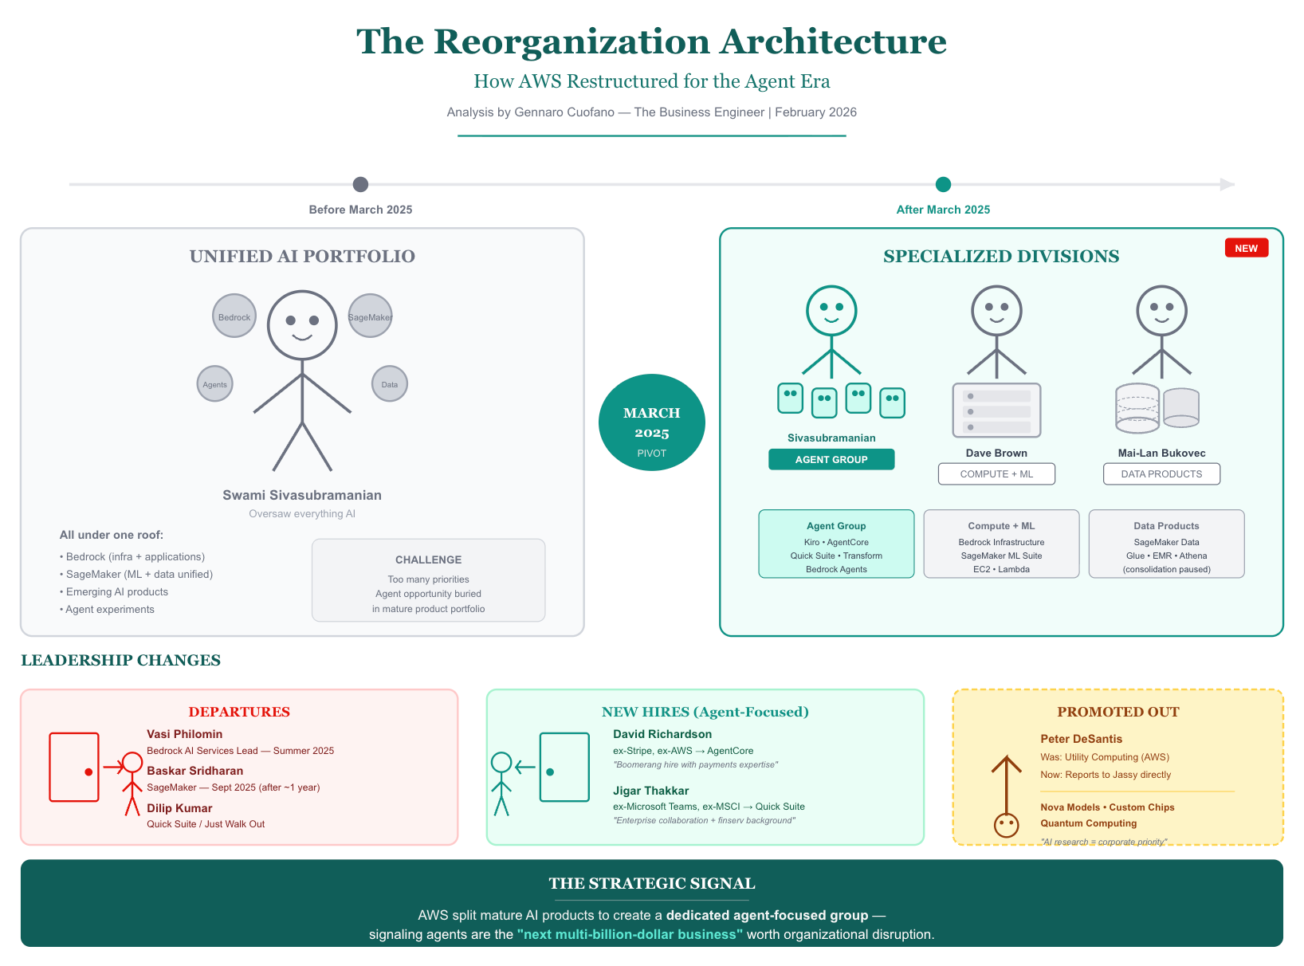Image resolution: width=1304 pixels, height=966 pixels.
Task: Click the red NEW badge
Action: coord(1246,249)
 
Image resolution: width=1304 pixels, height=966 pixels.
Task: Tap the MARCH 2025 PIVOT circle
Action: coord(651,422)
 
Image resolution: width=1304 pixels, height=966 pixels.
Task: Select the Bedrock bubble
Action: coord(234,316)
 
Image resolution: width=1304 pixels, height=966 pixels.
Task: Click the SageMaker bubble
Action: coord(370,316)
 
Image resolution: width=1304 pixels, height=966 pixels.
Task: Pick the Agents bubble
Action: coord(214,384)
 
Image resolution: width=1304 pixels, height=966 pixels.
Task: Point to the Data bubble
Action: coord(389,384)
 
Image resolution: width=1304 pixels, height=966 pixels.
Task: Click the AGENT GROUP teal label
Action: coord(831,460)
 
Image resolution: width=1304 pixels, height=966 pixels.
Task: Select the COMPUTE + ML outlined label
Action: coord(996,474)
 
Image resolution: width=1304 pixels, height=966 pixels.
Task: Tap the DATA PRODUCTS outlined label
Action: coord(1161,474)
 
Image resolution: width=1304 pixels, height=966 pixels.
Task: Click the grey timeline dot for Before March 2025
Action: coord(360,185)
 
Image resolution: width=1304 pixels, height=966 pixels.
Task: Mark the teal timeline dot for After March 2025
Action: coord(943,185)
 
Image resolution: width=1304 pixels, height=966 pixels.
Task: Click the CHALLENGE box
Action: coord(428,580)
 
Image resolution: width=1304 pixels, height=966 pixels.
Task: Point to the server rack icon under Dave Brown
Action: coord(996,410)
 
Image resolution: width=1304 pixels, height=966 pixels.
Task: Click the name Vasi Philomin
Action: coord(184,734)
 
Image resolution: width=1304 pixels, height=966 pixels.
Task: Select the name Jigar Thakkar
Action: coord(650,791)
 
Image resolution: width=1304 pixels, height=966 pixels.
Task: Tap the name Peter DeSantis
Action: coord(1081,739)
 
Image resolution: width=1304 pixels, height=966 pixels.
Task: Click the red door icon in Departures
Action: coord(74,767)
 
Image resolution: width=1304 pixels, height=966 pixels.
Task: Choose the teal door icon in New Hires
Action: coord(564,767)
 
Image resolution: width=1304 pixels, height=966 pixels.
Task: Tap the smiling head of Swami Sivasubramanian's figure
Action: coord(302,324)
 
